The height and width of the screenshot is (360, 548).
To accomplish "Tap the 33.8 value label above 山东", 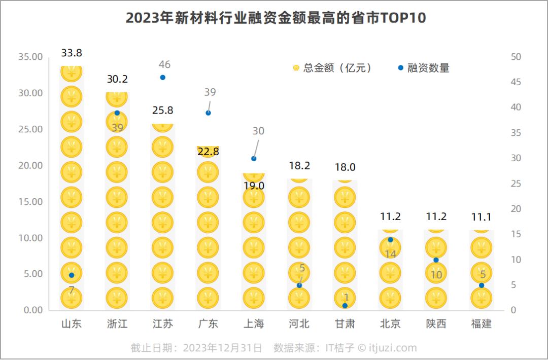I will [x=72, y=53].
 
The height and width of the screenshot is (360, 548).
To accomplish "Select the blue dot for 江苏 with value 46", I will [x=163, y=78].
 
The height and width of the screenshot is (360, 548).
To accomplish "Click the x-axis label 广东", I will [x=208, y=324].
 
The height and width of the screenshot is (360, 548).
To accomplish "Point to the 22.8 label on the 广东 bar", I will [x=208, y=152].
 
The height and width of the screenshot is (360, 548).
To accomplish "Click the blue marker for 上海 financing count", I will [x=254, y=159].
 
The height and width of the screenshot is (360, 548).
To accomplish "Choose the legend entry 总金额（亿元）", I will [x=333, y=68].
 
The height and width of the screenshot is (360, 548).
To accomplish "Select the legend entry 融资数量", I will [x=424, y=68].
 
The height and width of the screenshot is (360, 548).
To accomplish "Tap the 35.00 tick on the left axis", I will [x=30, y=57].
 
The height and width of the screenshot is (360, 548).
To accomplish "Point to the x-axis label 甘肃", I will [x=345, y=324].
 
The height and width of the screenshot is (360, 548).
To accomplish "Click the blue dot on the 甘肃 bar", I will [x=345, y=306].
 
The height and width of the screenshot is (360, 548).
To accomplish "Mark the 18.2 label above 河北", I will [x=299, y=166].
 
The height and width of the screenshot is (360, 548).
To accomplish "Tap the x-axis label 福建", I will [x=482, y=324].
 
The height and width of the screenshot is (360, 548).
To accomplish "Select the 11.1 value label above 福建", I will [x=482, y=217].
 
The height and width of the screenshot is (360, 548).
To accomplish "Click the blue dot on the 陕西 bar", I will [x=436, y=260].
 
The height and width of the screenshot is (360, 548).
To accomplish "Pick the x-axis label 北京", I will [x=390, y=324].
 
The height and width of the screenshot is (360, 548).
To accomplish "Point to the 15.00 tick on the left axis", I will [x=30, y=202].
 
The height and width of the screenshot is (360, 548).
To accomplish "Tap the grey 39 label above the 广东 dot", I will [x=210, y=92].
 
